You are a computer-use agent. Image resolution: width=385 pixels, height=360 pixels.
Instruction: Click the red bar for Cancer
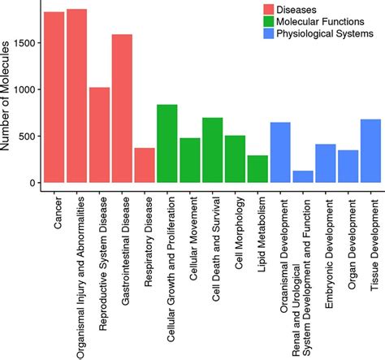[54, 98]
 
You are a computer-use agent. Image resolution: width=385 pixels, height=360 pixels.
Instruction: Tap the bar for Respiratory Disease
[145, 165]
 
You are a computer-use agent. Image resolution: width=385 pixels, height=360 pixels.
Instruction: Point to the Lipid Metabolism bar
[257, 169]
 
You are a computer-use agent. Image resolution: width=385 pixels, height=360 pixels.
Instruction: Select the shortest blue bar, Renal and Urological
[303, 176]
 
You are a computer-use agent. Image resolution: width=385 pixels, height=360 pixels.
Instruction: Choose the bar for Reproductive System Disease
[99, 135]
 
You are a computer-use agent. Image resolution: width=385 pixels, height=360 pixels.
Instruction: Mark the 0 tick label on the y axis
[32, 183]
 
